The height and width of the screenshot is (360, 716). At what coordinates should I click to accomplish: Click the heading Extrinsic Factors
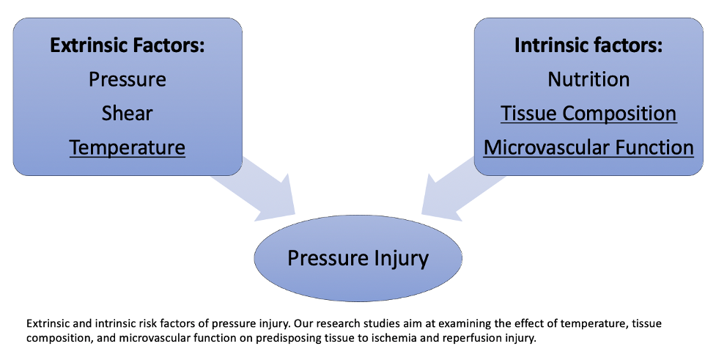tap(127, 45)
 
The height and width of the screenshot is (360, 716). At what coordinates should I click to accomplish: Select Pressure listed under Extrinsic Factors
tap(127, 79)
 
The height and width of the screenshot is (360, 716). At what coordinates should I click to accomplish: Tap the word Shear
tap(127, 113)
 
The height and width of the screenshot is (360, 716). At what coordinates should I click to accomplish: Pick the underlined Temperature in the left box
tap(127, 147)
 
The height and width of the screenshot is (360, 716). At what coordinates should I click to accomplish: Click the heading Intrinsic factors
tap(588, 45)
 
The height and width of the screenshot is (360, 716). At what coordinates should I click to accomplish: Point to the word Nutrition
tap(588, 79)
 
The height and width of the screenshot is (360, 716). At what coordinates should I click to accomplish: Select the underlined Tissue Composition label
tap(588, 114)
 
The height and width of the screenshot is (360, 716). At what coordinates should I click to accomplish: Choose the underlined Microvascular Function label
tap(588, 147)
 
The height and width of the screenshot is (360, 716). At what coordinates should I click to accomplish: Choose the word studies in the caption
tap(378, 323)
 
